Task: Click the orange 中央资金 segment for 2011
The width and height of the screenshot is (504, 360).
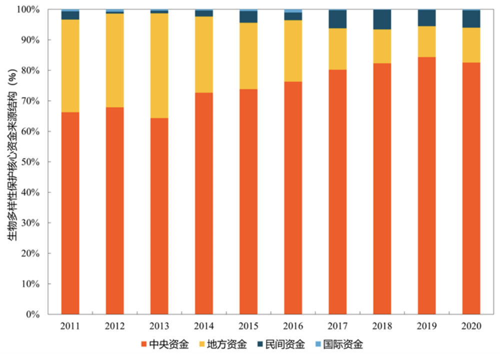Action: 70,213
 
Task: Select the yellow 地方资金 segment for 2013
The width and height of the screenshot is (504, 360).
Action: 159,65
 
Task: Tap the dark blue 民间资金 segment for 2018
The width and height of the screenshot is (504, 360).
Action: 382,19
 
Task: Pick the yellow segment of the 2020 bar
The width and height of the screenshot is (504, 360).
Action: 471,45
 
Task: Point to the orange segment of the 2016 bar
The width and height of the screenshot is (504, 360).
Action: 293,198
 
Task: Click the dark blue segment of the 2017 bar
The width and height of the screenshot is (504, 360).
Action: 337,19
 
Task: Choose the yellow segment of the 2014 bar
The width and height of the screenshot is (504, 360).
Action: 204,54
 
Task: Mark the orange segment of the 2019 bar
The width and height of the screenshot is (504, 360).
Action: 426,185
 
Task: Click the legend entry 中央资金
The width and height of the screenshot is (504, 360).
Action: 165,344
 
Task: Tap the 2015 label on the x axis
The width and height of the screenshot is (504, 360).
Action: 248,326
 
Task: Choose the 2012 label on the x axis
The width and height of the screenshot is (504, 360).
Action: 115,326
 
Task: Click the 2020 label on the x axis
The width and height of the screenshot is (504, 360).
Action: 471,326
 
